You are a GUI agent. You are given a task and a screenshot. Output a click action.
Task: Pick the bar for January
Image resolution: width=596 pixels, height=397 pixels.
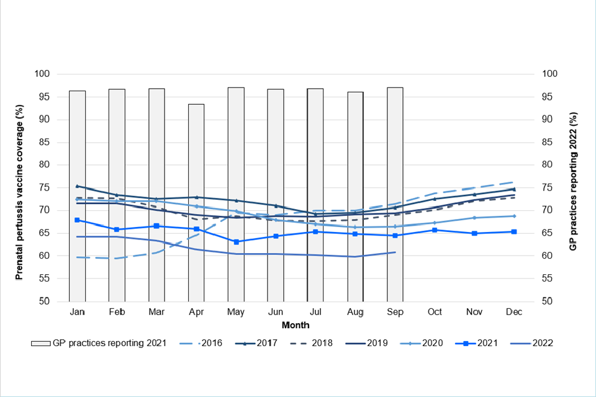[x=77, y=196]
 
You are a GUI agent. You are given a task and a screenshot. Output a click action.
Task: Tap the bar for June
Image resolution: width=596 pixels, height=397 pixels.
[x=276, y=195]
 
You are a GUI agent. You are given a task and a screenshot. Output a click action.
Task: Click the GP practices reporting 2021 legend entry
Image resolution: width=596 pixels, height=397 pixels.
[x=99, y=343]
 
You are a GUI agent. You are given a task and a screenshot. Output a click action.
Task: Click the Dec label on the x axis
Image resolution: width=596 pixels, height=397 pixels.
[x=513, y=311]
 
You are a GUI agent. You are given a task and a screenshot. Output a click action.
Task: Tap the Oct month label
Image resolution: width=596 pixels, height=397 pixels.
[x=435, y=311]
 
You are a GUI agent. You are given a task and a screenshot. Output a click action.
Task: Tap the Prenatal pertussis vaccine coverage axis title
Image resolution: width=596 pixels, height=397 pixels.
[x=20, y=188]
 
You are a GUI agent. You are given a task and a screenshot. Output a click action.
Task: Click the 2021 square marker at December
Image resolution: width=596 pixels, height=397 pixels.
[x=514, y=232]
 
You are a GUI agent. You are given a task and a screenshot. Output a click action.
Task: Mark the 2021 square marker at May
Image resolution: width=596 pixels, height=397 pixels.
[x=236, y=241]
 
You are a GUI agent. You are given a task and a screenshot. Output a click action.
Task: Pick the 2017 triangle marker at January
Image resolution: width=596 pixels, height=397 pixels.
[x=77, y=186]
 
